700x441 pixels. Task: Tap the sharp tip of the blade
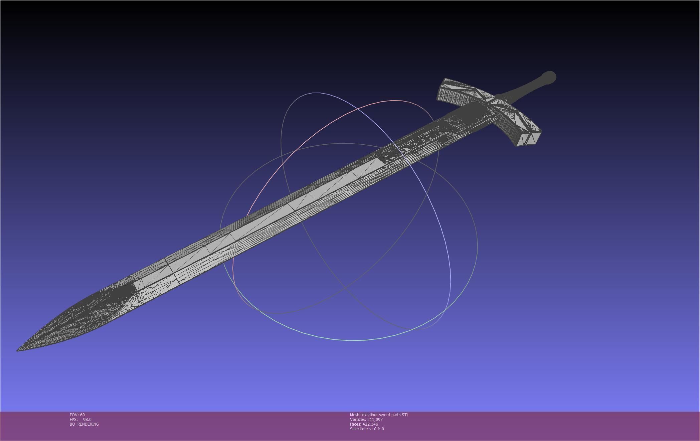coord(19,349)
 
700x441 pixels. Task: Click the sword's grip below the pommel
coord(521,91)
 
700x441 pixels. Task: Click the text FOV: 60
coord(77,415)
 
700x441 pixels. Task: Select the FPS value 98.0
coord(87,420)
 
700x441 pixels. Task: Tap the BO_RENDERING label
coord(84,424)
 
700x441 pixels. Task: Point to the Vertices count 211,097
coord(375,420)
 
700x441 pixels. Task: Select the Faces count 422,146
coord(370,424)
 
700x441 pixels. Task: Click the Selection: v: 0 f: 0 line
coord(367,429)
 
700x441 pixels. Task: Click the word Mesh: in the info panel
coord(355,415)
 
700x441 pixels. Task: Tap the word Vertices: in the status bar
coord(358,420)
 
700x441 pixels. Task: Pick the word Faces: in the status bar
coord(355,424)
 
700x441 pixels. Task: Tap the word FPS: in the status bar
coord(73,420)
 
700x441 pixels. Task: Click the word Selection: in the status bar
coord(359,429)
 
